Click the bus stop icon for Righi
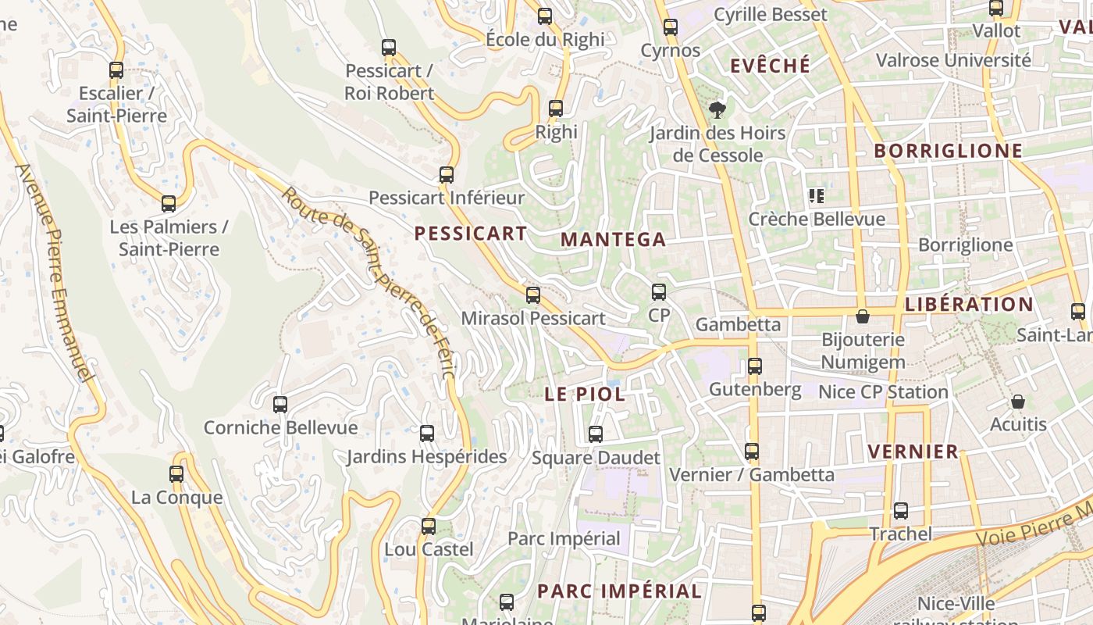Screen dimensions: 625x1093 (556, 109)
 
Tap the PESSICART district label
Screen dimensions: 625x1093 (470, 233)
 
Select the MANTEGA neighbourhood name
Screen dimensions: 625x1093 (614, 240)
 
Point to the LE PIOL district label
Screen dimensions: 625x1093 (585, 395)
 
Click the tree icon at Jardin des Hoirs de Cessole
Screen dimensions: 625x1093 (717, 110)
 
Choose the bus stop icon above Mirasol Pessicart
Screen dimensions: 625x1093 (533, 295)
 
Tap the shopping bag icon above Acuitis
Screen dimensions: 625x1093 (1018, 402)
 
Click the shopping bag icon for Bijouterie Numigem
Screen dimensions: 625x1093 (863, 316)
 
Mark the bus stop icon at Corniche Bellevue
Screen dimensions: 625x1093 (280, 405)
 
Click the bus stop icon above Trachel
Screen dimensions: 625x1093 (901, 511)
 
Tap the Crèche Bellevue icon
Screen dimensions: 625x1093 (817, 196)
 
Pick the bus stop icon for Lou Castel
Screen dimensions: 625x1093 (429, 526)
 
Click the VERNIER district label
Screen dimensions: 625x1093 (913, 452)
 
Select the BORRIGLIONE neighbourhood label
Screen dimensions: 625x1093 (948, 151)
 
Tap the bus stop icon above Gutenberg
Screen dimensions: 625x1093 (755, 366)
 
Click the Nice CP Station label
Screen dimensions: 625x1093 (883, 391)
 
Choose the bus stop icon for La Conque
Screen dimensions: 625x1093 (176, 473)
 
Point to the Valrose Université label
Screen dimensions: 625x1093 (953, 60)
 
